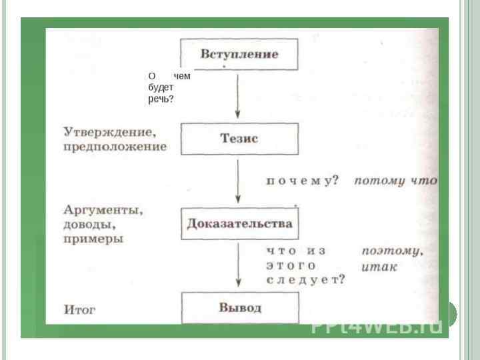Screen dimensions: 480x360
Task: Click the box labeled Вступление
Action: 239,53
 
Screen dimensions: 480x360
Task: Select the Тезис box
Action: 239,139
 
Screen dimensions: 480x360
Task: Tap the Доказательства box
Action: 239,223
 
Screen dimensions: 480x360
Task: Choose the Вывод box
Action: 239,308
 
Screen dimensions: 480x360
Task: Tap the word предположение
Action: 115,146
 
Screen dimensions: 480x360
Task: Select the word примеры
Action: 93,239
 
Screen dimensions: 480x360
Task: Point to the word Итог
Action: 80,310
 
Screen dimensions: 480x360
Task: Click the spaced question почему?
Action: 303,181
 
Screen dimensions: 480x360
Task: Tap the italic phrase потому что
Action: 395,181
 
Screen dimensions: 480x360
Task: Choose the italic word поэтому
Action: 392,251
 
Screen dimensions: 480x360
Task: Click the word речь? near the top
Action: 161,99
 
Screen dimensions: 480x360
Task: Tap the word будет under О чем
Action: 161,88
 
